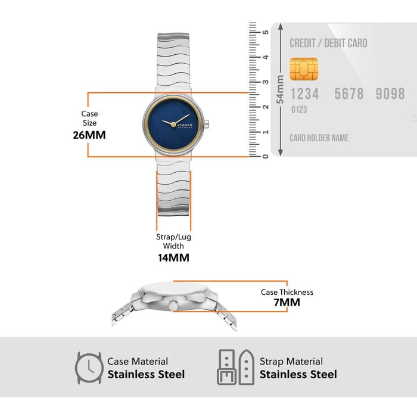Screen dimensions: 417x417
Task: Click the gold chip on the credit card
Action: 304,69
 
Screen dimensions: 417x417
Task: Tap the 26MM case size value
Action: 89,135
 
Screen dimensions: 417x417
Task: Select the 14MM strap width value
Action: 174,258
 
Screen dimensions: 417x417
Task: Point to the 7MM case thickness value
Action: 287,303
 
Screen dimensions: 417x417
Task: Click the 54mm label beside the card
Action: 280,89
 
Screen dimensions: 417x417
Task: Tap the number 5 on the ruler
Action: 266,32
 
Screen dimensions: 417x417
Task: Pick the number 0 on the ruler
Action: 266,156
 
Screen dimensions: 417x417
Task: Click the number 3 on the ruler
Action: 266,82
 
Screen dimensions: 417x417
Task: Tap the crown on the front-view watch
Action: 206,124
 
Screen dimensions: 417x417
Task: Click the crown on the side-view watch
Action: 173,304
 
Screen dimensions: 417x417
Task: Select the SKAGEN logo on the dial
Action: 185,126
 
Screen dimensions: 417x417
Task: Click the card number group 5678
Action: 349,94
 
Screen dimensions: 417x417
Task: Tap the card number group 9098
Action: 390,94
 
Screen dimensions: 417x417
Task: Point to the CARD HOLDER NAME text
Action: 319,138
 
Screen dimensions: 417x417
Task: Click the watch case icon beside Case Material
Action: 89,368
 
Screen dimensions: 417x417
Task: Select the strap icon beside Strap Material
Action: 236,368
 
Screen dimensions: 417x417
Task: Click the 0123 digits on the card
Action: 299,110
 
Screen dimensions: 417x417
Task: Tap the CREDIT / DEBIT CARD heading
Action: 328,43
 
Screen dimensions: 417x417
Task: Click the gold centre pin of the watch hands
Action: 173,124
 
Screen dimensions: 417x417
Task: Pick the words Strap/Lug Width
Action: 174,241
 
